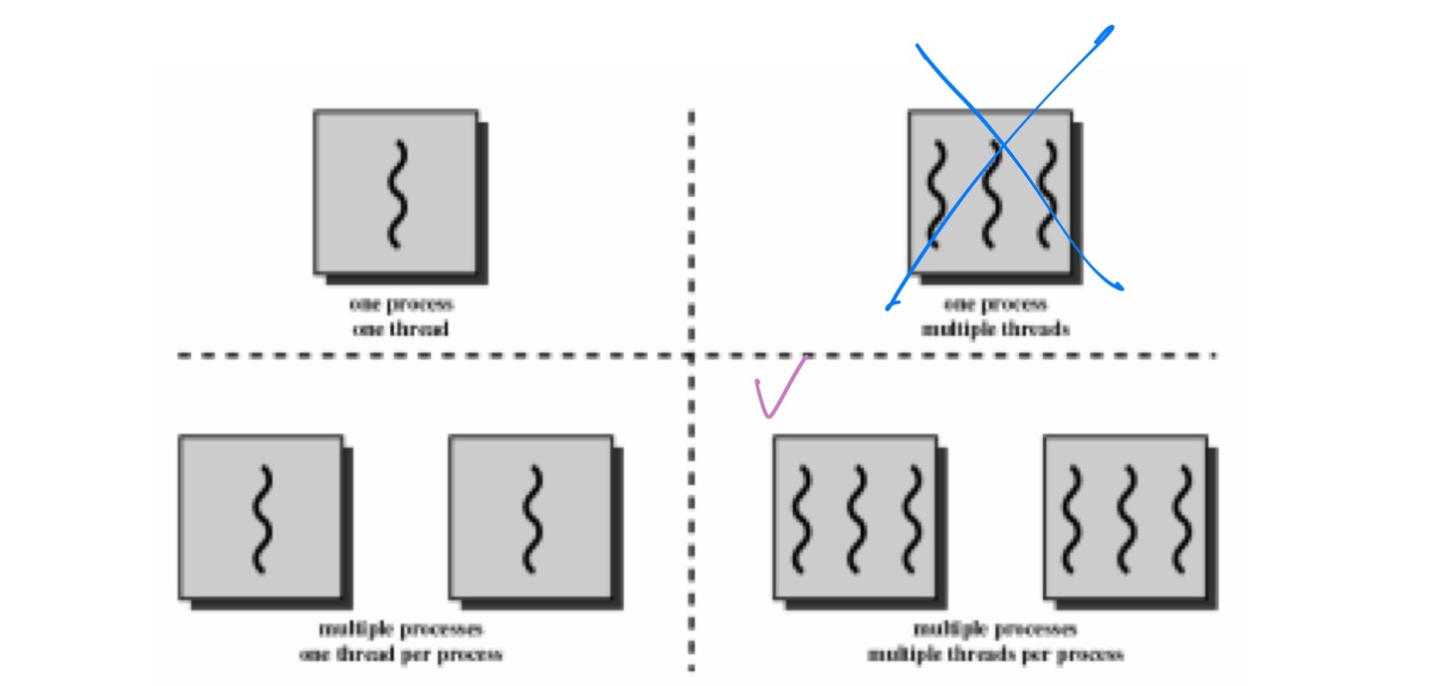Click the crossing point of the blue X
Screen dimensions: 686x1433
[1002, 147]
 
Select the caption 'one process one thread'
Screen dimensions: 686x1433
[400, 316]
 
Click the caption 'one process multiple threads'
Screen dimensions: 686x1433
[995, 316]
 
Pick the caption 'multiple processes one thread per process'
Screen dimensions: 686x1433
[400, 642]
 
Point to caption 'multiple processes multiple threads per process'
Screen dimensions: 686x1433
[995, 642]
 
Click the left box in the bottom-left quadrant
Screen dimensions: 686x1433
[261, 517]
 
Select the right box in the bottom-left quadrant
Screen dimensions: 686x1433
[530, 517]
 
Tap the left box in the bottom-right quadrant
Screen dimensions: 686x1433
[855, 517]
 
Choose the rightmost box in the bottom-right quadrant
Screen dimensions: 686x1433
[1126, 517]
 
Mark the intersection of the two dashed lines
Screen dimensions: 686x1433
[691, 355]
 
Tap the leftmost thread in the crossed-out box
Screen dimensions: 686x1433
[935, 193]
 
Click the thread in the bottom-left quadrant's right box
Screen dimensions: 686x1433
[531, 517]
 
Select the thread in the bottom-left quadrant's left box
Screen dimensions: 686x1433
[261, 517]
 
